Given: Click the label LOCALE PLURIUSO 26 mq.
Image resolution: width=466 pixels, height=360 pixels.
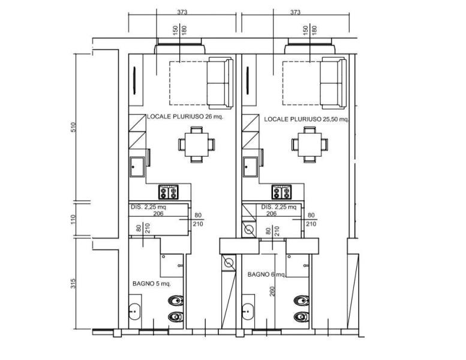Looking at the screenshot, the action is click(185, 116).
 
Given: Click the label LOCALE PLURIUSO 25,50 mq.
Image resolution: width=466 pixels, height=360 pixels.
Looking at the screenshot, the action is click(306, 119).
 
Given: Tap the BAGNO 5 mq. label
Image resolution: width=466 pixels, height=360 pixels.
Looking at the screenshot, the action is click(152, 284).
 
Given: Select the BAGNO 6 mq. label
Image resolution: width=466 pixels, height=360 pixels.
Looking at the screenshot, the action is click(266, 274).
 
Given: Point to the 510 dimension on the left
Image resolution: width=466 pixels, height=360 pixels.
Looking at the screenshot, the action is click(73, 127).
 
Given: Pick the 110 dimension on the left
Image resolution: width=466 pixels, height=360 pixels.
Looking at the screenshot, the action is click(73, 220).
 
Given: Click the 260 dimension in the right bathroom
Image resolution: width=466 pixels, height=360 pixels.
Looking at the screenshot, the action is click(272, 291).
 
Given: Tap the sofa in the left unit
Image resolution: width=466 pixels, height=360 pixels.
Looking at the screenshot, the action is click(220, 83).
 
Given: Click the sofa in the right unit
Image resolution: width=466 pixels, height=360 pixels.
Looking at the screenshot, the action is click(333, 83).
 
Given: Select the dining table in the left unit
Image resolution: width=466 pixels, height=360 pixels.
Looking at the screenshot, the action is click(197, 145).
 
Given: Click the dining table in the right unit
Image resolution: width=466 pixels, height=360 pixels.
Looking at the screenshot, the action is click(309, 145).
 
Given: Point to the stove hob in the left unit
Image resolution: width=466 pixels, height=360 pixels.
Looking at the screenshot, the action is click(169, 192).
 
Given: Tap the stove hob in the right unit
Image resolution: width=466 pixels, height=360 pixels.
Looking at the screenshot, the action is click(282, 192).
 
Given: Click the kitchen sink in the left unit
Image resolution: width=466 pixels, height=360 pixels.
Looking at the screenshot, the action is click(137, 167).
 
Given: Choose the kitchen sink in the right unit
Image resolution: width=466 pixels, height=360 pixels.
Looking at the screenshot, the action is click(251, 167).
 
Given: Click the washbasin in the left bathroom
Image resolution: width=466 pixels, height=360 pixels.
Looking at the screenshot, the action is click(134, 311).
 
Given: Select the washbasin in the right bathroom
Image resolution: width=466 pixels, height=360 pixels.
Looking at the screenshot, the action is click(248, 311).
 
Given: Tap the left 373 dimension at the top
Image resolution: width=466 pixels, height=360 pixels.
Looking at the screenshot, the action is click(182, 12).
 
